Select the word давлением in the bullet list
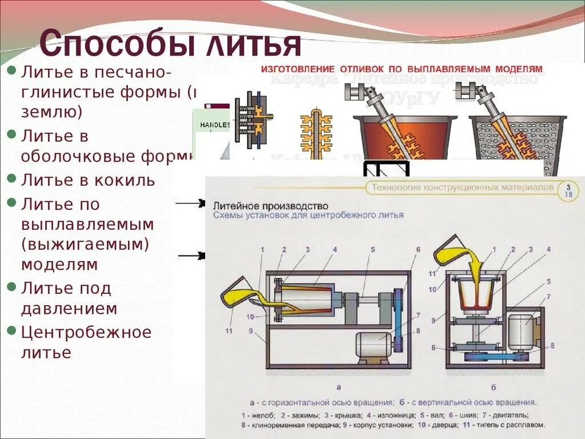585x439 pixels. [69, 309]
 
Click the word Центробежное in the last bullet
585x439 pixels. [86, 332]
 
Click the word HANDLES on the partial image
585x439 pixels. [215, 124]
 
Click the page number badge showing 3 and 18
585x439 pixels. [568, 191]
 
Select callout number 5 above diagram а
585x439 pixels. [372, 250]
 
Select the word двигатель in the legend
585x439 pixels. [511, 415]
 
